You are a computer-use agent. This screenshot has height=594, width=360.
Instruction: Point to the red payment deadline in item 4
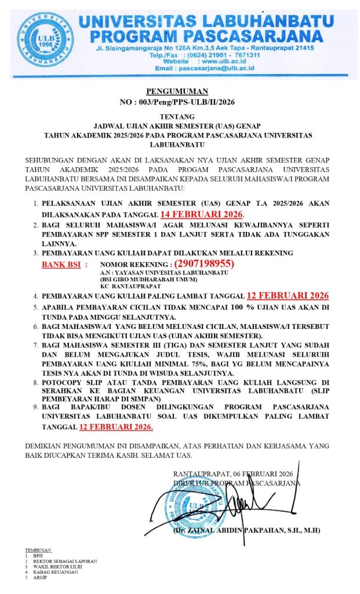point(288,295)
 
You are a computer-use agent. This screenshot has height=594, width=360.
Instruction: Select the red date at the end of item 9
point(117,427)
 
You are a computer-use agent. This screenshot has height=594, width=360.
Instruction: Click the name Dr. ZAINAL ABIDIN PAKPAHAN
point(246,530)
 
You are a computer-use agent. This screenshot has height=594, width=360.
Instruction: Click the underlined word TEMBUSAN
point(38,550)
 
